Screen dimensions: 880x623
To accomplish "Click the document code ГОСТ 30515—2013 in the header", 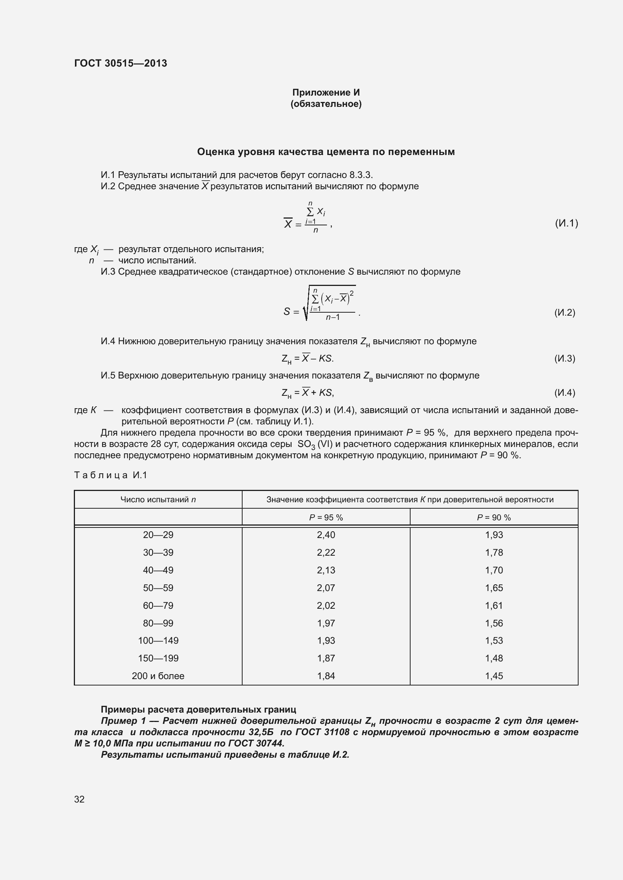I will coord(121,63).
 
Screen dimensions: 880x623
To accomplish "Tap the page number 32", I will coord(79,799).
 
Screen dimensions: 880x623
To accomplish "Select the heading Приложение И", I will coord(326,93).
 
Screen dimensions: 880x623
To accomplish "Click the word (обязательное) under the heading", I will coord(326,104).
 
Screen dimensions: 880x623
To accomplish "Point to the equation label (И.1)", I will coord(566,223).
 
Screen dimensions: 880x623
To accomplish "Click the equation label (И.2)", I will coord(564,312).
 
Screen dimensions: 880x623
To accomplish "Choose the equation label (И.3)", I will coord(564,359).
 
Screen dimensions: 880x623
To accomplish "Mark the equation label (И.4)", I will coord(564,392).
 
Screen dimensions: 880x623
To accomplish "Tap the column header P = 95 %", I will coord(326,517).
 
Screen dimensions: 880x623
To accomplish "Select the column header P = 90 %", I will coord(494,517).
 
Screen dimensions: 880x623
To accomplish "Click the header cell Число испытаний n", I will coord(158,499).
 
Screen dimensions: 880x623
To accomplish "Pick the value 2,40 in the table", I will coord(326,535).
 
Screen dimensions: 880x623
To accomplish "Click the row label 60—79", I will coord(158,606).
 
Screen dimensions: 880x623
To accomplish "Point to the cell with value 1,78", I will coord(494,552).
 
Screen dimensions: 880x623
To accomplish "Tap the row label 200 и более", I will coord(158,676).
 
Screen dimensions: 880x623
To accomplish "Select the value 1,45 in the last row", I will coord(494,676).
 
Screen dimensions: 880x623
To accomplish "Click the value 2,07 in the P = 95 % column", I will coord(326,588).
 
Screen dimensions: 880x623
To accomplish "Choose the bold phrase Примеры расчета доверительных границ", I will coord(199,710).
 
